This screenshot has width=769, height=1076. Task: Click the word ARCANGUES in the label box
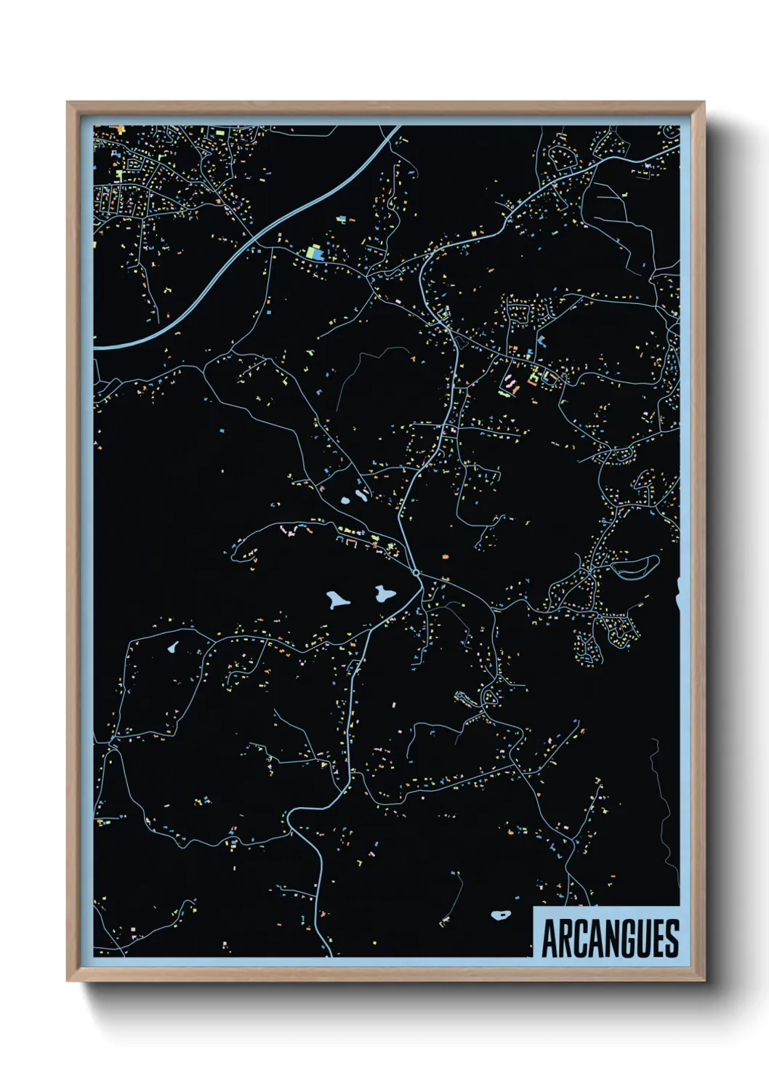pyautogui.click(x=610, y=939)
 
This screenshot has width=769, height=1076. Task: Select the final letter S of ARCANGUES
pyautogui.click(x=672, y=939)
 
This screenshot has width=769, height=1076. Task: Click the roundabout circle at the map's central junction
pyautogui.click(x=416, y=573)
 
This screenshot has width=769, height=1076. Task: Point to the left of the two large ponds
pyautogui.click(x=337, y=601)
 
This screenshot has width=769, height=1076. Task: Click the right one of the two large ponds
pyautogui.click(x=384, y=594)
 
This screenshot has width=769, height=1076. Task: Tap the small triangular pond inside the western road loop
pyautogui.click(x=173, y=646)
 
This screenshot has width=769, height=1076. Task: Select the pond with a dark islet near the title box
pyautogui.click(x=501, y=915)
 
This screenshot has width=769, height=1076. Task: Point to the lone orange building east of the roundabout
pyautogui.click(x=445, y=556)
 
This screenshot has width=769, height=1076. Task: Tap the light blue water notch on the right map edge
pyautogui.click(x=677, y=595)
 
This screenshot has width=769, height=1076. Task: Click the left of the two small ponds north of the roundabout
pyautogui.click(x=345, y=501)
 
